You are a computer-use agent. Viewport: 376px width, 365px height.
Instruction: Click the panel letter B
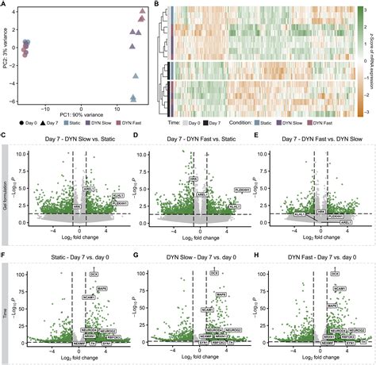tap(156, 5)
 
